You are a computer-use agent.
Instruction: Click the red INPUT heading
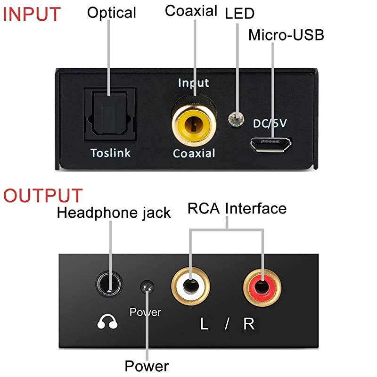point(32,14)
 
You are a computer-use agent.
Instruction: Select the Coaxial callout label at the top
point(191,11)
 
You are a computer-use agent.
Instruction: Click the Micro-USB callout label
point(286,35)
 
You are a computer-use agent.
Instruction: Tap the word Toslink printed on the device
point(110,153)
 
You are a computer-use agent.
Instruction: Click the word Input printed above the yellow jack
point(193,83)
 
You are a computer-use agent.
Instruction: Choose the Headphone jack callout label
point(114,213)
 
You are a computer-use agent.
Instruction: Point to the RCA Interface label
point(237,208)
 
